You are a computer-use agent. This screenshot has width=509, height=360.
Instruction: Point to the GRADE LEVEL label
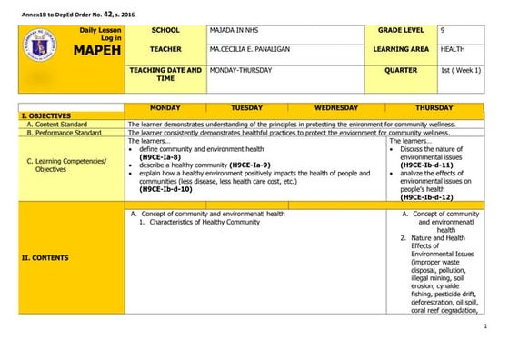tap(402, 31)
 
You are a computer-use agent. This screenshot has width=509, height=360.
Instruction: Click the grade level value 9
tap(443, 31)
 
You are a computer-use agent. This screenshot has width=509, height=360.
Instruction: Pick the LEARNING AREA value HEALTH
tap(455, 49)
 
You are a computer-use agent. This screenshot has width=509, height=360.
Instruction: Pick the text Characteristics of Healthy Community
tap(205, 222)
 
